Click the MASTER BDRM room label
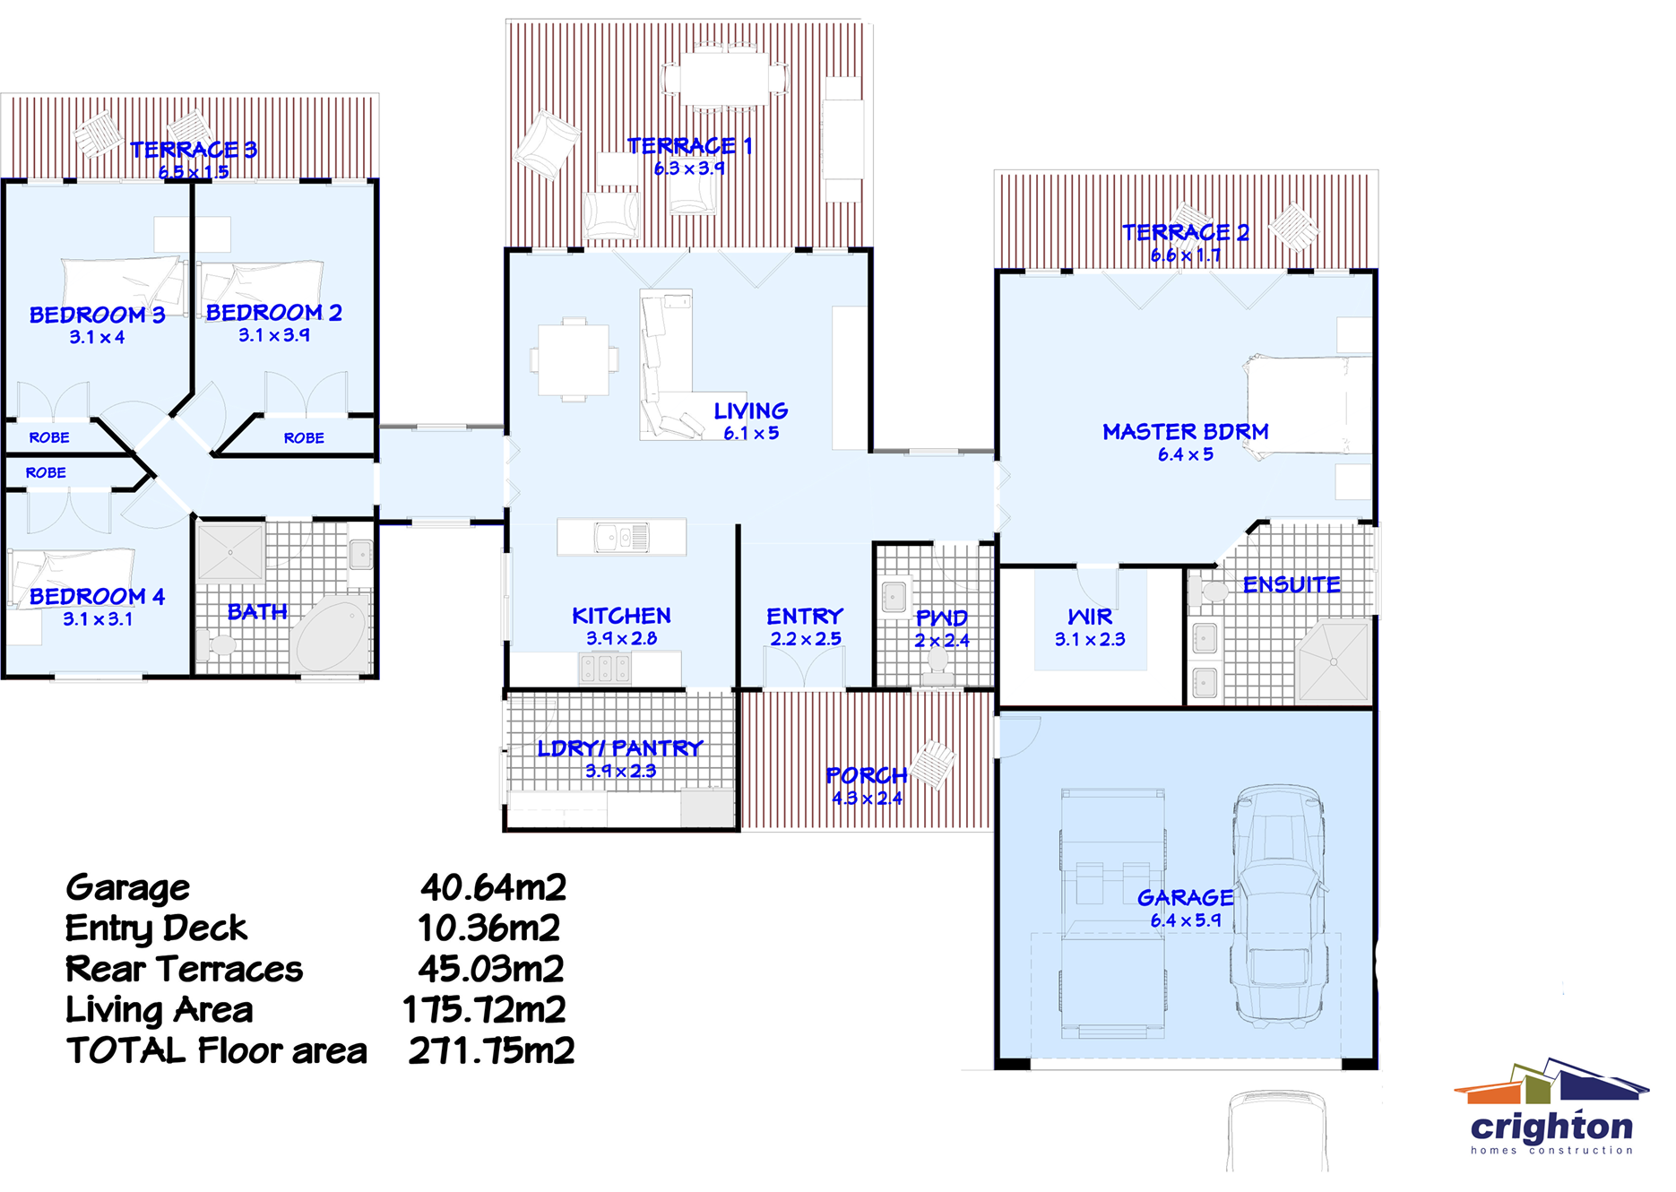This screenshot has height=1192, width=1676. (x=1185, y=432)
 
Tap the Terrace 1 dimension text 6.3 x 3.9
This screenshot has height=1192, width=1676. (x=688, y=168)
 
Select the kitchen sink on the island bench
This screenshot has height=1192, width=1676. (x=621, y=538)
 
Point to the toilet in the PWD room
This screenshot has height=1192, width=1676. (x=937, y=663)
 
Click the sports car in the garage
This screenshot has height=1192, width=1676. (x=1277, y=905)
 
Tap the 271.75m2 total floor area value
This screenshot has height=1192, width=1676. (x=491, y=1050)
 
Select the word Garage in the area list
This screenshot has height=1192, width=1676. (x=127, y=887)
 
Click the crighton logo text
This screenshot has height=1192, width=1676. (x=1551, y=1127)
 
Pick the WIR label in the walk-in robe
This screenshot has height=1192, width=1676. (x=1090, y=617)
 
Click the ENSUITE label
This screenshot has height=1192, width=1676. (x=1291, y=584)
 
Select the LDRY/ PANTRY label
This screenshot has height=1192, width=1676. (x=620, y=747)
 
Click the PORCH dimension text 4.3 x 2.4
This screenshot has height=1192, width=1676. (x=867, y=798)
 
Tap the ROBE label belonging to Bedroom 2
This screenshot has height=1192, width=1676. (x=304, y=437)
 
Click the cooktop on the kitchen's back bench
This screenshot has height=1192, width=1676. (x=606, y=669)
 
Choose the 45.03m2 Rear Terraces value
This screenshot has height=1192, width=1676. (x=491, y=969)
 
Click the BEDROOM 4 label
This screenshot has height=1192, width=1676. (x=97, y=596)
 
